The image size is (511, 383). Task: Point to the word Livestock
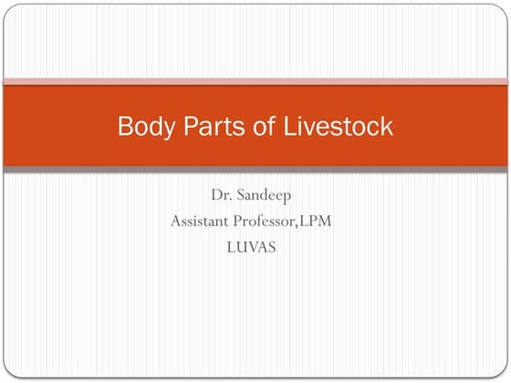(x=337, y=126)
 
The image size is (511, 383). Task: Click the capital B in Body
(x=125, y=126)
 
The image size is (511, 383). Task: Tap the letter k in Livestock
(x=387, y=126)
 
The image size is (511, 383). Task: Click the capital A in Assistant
(x=175, y=222)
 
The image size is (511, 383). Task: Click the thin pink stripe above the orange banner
(x=255, y=82)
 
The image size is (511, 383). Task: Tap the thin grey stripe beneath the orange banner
(x=255, y=171)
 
